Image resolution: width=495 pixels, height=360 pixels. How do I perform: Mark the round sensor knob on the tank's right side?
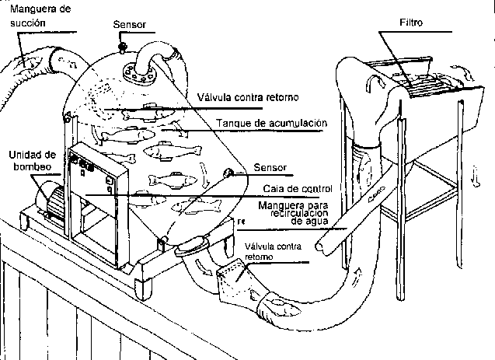coord(228,173)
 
